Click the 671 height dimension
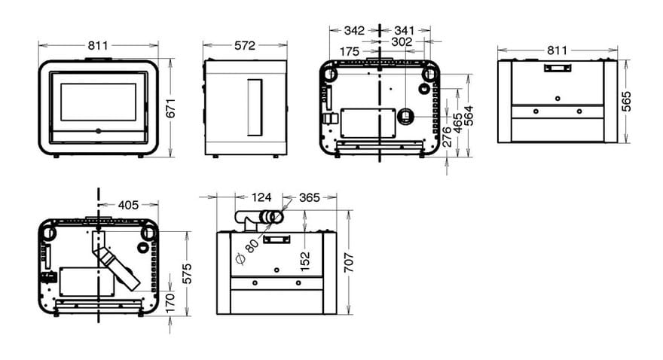(x=170, y=108)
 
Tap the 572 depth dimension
(x=245, y=45)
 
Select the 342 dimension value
(x=354, y=30)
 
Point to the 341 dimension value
(x=405, y=30)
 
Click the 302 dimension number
(x=402, y=42)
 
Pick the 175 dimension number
(x=350, y=51)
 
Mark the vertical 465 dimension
(x=457, y=123)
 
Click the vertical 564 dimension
(x=469, y=116)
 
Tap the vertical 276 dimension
(x=447, y=137)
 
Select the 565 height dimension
(x=626, y=102)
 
